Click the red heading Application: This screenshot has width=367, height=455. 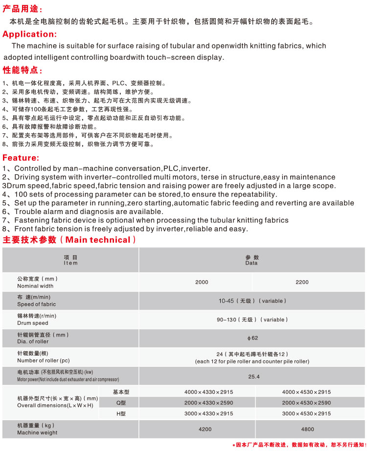point(29,34)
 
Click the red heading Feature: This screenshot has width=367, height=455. point(21,158)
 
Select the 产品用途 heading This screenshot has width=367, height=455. point(23,9)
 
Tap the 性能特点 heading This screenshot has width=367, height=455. point(23,70)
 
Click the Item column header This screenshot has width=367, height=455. point(70,260)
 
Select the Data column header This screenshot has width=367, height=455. point(252,260)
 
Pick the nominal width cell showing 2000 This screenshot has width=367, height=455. point(202,282)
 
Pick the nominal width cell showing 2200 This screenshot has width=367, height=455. point(302,282)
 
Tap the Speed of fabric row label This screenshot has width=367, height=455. point(36,301)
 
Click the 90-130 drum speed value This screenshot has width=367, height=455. point(252,320)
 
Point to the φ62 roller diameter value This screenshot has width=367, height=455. point(252,338)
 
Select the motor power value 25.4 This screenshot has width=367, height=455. point(252,377)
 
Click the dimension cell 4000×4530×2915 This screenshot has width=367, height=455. point(306,392)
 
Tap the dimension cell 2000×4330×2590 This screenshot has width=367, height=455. point(208,403)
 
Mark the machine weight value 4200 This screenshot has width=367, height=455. point(205,430)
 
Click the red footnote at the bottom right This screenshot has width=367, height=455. point(299,445)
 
